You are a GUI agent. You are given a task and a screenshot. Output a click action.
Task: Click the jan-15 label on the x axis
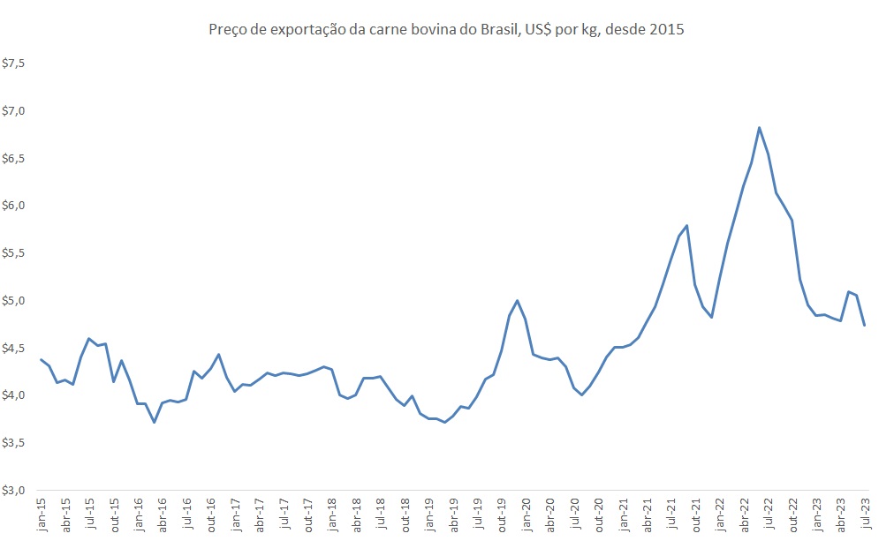click(42, 515)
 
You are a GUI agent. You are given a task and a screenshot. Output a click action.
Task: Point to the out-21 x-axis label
click(694, 515)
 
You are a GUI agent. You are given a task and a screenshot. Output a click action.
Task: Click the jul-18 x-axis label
click(380, 515)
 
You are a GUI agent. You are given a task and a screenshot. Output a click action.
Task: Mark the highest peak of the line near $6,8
click(760, 127)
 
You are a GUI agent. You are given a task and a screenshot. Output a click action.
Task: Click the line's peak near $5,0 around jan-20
click(518, 301)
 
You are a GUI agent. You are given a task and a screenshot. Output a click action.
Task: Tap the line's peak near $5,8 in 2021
click(686, 226)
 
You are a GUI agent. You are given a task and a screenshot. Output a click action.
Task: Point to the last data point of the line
click(864, 326)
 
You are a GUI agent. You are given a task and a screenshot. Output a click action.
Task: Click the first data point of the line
click(42, 359)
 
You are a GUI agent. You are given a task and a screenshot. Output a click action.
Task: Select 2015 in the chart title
click(668, 30)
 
